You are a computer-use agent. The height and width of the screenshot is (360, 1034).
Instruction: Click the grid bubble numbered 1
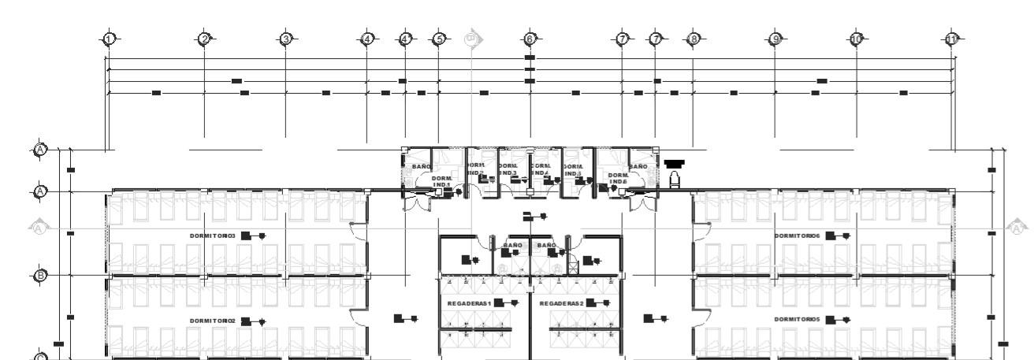coord(110,39)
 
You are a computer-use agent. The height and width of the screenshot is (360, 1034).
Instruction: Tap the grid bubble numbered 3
coord(286,39)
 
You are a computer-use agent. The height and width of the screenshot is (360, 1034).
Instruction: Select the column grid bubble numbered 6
coord(530,39)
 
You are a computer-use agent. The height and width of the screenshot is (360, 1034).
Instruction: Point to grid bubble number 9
coord(775,39)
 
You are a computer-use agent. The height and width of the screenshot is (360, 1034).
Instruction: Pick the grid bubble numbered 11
coord(952,39)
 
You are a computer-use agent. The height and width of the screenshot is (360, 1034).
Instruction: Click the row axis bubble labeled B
coord(40,275)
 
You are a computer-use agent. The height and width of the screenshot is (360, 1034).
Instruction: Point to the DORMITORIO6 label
coord(798,236)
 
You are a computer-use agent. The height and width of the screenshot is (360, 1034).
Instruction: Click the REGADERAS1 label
coord(469,303)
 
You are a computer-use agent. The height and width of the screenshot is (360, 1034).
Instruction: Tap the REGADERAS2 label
coord(561,303)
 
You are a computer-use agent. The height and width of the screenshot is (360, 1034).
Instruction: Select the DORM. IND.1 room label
coord(441,182)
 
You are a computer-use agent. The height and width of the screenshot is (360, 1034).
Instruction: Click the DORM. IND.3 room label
coord(508,169)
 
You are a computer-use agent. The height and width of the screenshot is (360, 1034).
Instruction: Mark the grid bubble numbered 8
coord(693,39)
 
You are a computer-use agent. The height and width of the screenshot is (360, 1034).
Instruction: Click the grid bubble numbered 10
coord(857,39)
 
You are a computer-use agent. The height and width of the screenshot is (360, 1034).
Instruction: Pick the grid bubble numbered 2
coord(204,39)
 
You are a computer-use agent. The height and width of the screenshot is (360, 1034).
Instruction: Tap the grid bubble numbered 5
coord(439,39)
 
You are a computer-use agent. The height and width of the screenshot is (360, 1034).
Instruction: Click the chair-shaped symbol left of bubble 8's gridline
coord(674,180)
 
